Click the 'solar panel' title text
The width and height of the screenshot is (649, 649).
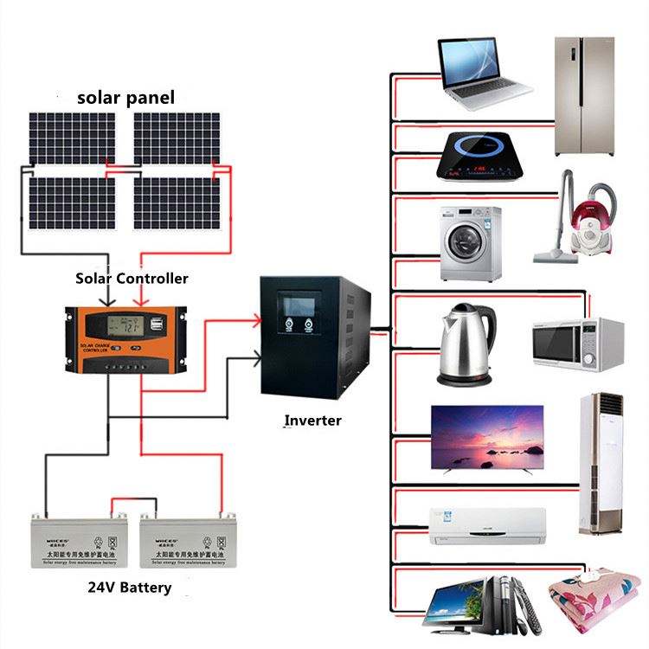[x=125, y=98]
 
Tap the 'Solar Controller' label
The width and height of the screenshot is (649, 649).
[x=132, y=279]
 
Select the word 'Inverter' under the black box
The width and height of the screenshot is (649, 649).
[x=313, y=421]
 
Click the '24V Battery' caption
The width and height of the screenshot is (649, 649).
[x=130, y=588]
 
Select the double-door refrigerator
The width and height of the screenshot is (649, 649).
[x=584, y=95]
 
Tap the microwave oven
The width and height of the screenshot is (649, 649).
[x=577, y=344]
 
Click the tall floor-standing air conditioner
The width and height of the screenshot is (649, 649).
[x=601, y=464]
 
